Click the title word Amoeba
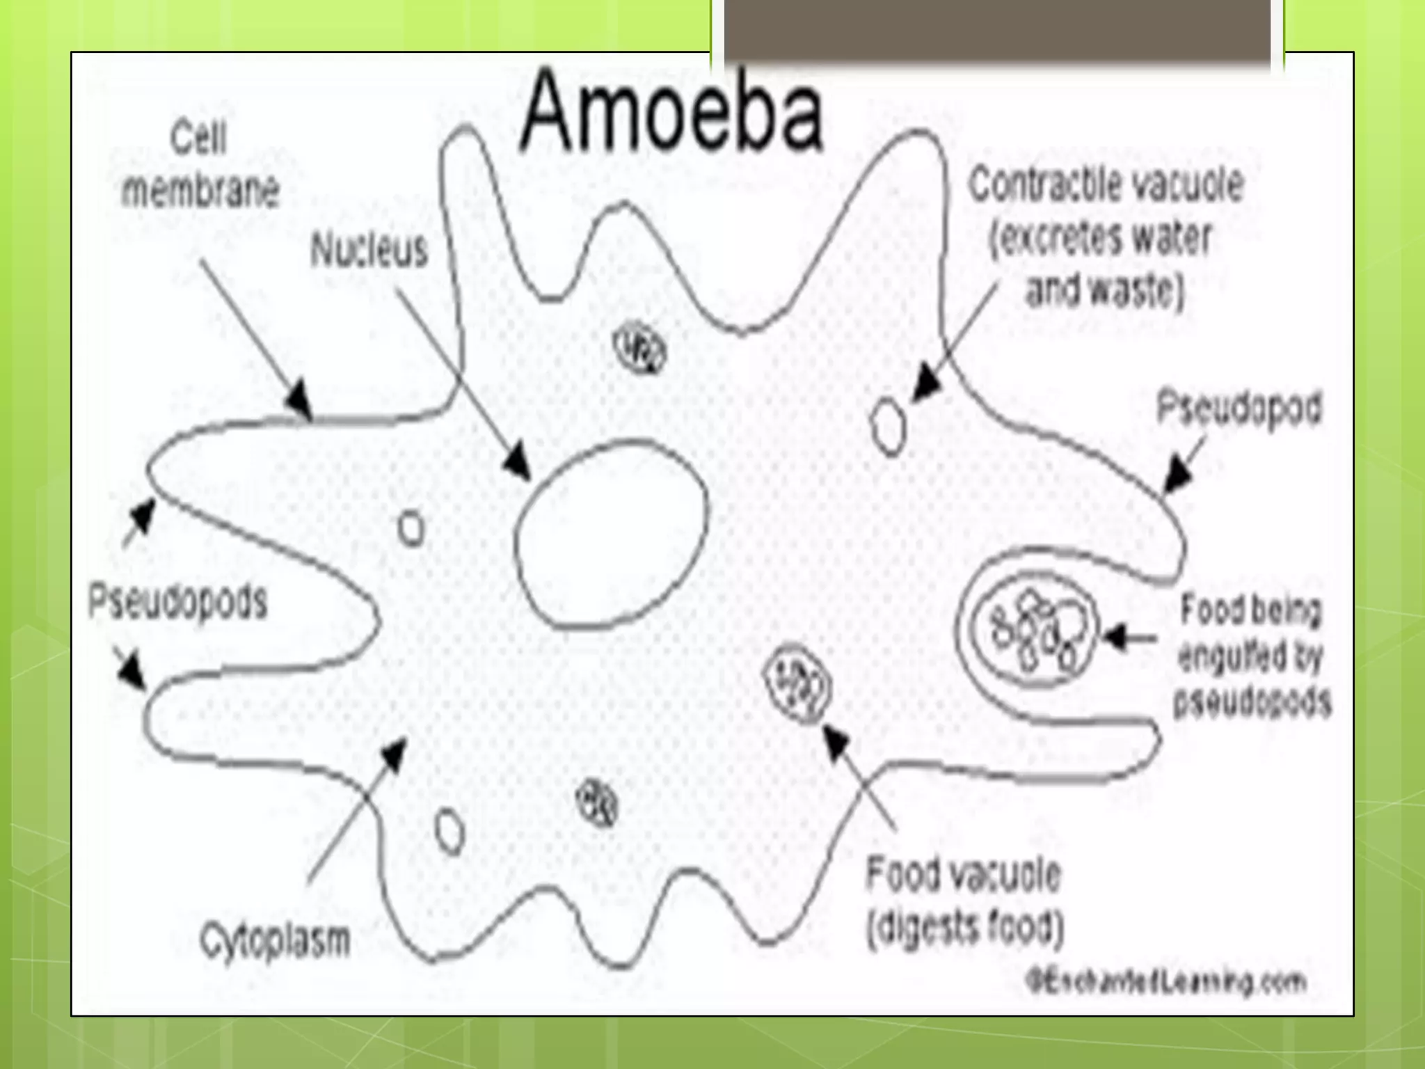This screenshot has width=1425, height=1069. (672, 111)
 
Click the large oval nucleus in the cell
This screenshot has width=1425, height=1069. (611, 534)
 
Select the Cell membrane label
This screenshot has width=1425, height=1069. (200, 164)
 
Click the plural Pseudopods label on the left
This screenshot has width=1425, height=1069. (178, 602)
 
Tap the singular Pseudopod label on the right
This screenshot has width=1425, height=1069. (1239, 408)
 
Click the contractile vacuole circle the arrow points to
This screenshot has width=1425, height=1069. (889, 426)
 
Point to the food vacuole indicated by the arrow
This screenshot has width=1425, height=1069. (798, 684)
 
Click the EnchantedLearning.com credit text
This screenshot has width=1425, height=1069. (1166, 982)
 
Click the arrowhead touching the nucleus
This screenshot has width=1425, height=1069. (517, 461)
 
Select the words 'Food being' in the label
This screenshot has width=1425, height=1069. (1250, 610)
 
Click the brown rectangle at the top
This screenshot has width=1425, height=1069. (998, 31)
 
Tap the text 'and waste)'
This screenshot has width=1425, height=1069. (1105, 290)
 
